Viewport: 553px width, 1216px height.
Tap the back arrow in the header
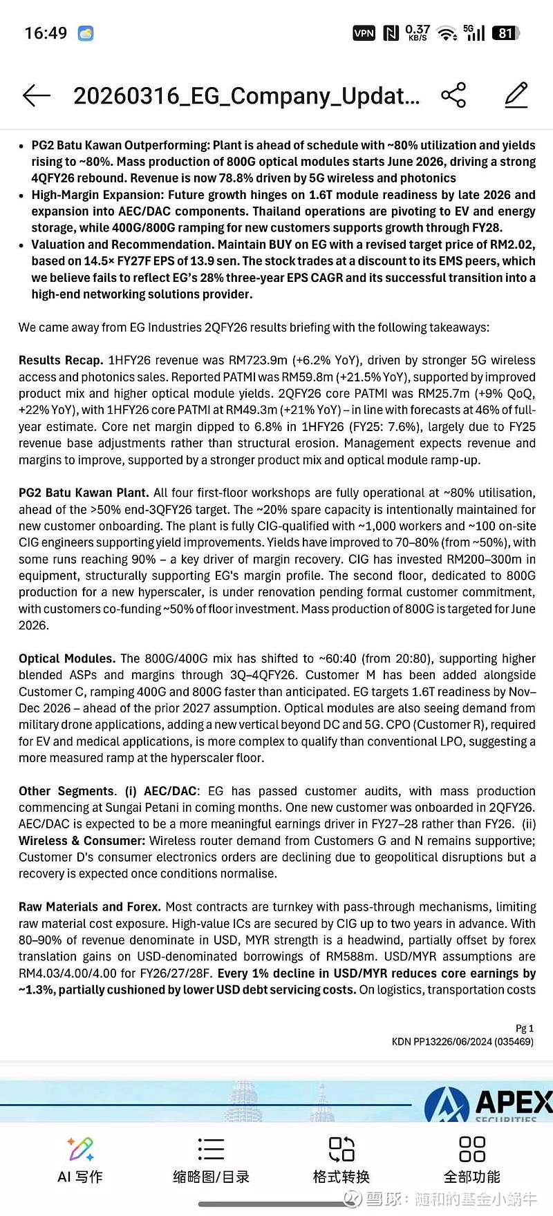coord(37,95)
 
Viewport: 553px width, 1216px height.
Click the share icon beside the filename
coord(453,95)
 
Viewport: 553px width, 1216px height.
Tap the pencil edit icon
coord(516,95)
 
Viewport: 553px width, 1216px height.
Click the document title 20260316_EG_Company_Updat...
coord(247,95)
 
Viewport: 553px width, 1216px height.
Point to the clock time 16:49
coord(46,33)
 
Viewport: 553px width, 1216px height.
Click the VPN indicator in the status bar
coord(364,33)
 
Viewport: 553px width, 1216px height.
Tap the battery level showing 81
coord(506,33)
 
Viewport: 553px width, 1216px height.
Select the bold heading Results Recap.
coord(62,360)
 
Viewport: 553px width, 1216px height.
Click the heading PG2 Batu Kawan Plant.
coord(84,493)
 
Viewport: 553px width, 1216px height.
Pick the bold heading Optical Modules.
coord(67,658)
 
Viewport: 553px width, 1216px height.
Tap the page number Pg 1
coord(525,1028)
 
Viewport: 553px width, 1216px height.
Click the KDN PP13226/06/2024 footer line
coord(462,1041)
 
